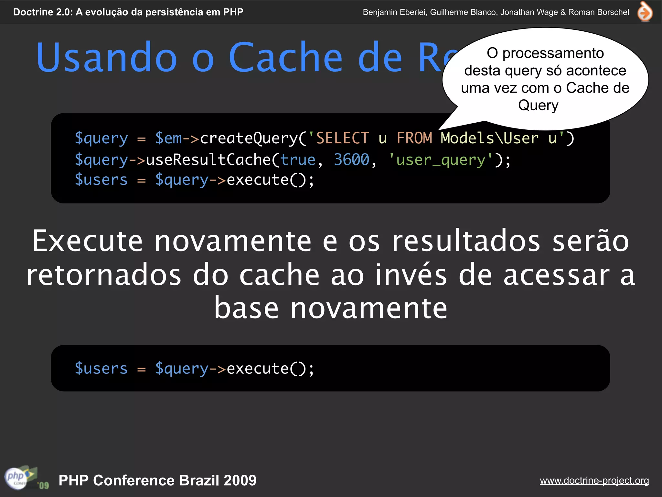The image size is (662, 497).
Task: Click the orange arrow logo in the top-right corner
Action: (x=645, y=12)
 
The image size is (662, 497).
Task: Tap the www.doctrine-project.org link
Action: (x=594, y=480)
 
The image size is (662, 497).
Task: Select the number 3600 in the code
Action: (x=351, y=160)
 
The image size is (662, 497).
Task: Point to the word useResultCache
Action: (x=208, y=160)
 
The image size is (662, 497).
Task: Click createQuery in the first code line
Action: (x=248, y=138)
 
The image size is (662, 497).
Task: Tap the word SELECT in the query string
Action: (x=343, y=138)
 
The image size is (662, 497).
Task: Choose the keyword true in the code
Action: (x=298, y=160)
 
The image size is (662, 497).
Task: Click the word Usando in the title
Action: (x=107, y=57)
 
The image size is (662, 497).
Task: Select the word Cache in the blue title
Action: (x=285, y=57)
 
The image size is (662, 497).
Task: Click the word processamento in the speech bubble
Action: (x=553, y=53)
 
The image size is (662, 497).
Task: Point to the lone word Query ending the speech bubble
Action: (x=538, y=105)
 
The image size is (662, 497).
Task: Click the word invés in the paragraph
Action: (x=411, y=275)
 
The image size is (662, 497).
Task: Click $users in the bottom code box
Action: (x=101, y=369)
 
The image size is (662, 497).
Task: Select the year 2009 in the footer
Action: (x=240, y=480)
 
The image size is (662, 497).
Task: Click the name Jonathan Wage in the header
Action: (x=529, y=12)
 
